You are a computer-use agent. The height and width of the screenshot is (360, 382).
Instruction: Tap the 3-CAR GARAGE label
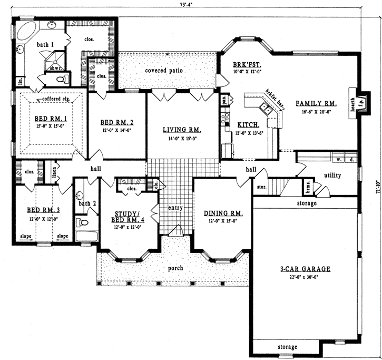[x=305, y=269]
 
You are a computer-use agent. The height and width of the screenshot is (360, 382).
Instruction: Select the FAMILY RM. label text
[x=316, y=103]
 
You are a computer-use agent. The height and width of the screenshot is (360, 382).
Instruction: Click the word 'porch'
[x=175, y=268]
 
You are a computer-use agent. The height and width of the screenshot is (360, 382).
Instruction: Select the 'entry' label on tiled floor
[x=175, y=208]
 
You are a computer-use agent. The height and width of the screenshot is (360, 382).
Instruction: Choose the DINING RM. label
[x=223, y=213]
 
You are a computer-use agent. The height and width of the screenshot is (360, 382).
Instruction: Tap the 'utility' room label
[x=332, y=176]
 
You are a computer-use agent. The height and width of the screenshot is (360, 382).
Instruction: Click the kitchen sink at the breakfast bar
[x=266, y=109]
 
